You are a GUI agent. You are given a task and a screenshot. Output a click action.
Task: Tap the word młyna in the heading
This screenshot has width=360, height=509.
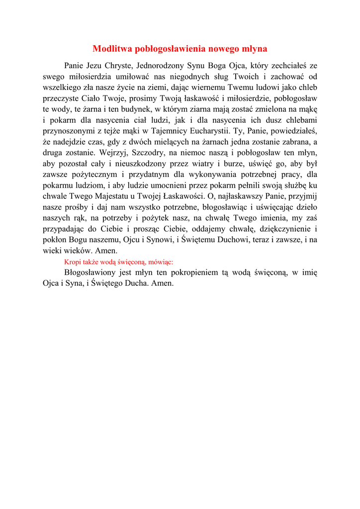254,49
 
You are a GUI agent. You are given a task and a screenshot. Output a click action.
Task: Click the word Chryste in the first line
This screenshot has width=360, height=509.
118,66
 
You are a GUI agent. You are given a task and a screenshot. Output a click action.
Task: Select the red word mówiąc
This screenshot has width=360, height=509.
159,262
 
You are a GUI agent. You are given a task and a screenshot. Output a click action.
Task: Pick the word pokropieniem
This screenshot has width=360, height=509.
194,272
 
